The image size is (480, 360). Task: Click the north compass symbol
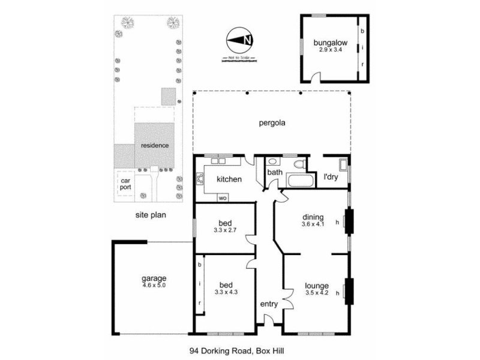[240, 41]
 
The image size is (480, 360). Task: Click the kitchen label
[229, 179]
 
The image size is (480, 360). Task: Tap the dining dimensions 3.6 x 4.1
[313, 224]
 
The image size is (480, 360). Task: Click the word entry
[269, 304]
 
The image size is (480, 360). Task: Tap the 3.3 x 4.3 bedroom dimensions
[226, 292]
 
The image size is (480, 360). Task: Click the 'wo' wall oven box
[223, 197]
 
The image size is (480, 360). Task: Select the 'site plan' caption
[150, 213]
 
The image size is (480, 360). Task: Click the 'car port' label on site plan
[125, 184]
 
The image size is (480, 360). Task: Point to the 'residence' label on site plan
[155, 145]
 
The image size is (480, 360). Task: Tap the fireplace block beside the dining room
[348, 223]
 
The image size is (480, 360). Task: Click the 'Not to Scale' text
[239, 58]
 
